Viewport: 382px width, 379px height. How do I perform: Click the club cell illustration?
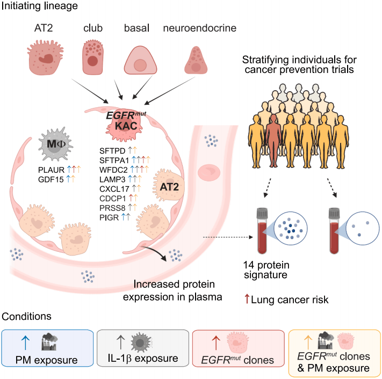(92, 57)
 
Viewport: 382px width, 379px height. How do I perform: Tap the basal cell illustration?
(140, 60)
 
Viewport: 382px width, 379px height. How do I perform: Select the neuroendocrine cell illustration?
(196, 60)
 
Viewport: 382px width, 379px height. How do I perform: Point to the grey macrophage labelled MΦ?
(56, 144)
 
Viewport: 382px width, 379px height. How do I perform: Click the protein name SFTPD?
(112, 151)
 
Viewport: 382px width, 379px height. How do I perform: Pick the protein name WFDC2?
(113, 170)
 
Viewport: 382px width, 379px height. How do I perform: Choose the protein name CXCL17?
(114, 189)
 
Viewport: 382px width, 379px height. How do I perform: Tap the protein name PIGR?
(109, 217)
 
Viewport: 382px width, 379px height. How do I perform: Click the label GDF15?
(51, 180)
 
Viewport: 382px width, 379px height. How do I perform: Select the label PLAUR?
(51, 170)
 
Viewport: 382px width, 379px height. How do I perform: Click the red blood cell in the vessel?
(209, 172)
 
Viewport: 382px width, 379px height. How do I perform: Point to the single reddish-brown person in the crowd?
(273, 141)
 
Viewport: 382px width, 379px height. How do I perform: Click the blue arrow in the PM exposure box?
(25, 342)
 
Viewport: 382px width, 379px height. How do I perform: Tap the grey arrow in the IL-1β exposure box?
(120, 342)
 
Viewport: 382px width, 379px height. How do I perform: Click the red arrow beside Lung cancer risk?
(247, 299)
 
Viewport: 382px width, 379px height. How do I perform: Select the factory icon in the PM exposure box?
(49, 342)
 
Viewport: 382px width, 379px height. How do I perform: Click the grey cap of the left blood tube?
(262, 213)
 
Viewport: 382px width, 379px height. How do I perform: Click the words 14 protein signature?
(266, 269)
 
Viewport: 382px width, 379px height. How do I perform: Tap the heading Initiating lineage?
(39, 6)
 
